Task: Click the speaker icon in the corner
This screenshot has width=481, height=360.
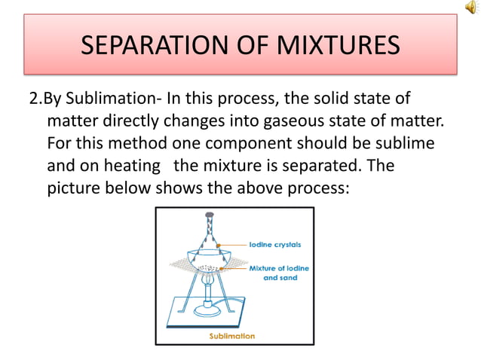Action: point(471,8)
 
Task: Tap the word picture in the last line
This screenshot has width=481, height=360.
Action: point(73,187)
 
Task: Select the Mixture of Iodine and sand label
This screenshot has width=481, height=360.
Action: point(279,273)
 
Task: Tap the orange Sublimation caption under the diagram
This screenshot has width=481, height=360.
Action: point(232,336)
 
